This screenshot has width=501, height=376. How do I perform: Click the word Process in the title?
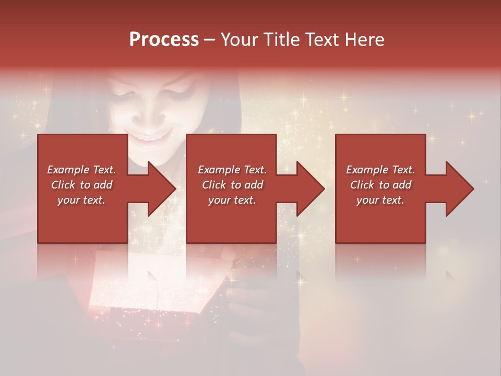coord(164,39)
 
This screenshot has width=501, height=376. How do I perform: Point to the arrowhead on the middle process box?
coord(310,189)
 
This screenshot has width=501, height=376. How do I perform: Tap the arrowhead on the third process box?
coord(459,189)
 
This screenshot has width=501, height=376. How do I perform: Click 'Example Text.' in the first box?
coord(81,170)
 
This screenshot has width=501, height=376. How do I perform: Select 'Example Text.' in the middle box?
coord(232,170)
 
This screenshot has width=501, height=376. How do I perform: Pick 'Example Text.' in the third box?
coord(380,170)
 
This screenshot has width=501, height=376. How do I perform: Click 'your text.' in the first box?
coord(81,200)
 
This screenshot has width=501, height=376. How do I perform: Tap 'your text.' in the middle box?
coord(232,200)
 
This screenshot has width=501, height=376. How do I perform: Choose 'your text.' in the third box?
coord(380,200)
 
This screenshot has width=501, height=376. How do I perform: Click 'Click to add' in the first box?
coord(81,185)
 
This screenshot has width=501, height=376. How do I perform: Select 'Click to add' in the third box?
coord(380,185)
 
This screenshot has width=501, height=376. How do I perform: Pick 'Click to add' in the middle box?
coord(232,185)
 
